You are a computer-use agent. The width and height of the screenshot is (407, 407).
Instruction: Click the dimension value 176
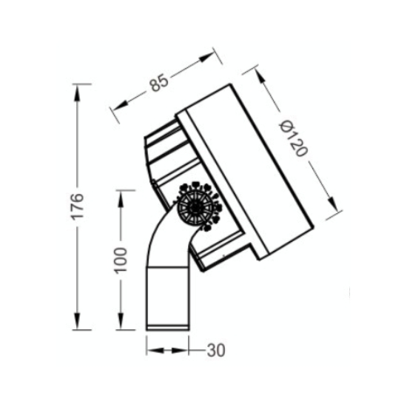[x=78, y=206]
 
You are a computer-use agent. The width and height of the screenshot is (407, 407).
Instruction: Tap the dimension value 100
[x=121, y=260]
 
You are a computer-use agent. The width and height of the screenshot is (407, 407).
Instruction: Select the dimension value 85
[x=159, y=83]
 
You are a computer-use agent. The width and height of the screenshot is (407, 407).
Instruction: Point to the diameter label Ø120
[x=293, y=138]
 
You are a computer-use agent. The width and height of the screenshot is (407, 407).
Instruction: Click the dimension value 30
[x=216, y=350]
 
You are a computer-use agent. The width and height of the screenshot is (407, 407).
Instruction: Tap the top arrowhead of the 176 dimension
[x=77, y=92]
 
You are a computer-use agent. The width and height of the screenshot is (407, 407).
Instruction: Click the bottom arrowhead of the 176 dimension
[x=77, y=321]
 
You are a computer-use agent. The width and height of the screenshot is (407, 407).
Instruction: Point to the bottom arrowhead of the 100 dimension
[x=121, y=321]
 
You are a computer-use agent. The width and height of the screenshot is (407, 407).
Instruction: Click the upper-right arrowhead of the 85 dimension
[x=207, y=58]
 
